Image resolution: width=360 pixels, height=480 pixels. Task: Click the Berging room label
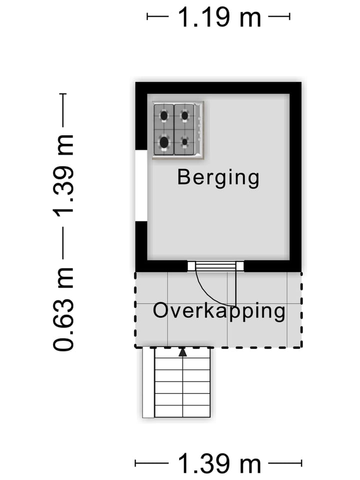[x=218, y=178]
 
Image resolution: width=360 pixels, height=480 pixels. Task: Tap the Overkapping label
[x=219, y=311]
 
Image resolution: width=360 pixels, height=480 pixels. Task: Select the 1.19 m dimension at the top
[x=219, y=18]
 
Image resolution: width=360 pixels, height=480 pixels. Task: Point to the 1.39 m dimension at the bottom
[x=219, y=464]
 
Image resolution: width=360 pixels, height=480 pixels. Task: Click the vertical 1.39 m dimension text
[x=64, y=174]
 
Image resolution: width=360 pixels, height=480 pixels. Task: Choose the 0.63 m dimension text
[x=64, y=309]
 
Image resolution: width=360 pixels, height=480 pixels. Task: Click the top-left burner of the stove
[x=164, y=116]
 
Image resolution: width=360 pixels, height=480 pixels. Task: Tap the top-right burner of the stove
[x=184, y=116]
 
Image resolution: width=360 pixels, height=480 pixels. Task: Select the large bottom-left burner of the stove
[x=164, y=142]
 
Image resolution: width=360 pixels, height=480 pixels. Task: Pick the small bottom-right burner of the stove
[x=184, y=142]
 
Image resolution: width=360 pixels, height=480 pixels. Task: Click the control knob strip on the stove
[x=199, y=130]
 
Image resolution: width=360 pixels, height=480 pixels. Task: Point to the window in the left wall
[x=141, y=184]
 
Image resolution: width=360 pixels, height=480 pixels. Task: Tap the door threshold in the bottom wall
[x=215, y=266]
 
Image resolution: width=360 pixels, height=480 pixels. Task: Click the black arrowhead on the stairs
[x=183, y=352]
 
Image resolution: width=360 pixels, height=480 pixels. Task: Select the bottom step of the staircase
[x=182, y=411]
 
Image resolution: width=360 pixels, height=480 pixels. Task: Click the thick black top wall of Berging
[x=218, y=87]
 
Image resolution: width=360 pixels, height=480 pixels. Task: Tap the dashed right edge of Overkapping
[x=301, y=310]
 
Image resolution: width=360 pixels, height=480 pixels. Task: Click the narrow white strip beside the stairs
[x=148, y=382]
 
